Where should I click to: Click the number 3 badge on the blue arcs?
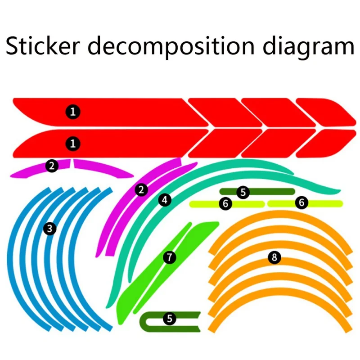(x=49, y=229)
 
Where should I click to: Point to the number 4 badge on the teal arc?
(x=165, y=199)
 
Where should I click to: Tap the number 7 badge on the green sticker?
(x=169, y=257)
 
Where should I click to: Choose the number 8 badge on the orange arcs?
(x=274, y=257)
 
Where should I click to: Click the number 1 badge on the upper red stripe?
(x=73, y=111)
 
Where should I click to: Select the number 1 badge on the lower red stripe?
(x=73, y=144)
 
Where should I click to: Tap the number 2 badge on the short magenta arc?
(x=52, y=166)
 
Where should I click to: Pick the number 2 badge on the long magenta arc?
(x=142, y=190)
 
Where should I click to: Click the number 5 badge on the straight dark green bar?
(x=243, y=193)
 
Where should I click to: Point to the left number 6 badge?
(x=226, y=204)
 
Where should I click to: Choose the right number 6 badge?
(x=301, y=203)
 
